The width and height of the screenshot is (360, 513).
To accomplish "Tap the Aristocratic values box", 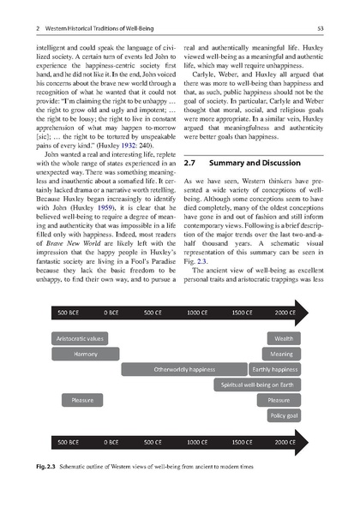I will (80, 339).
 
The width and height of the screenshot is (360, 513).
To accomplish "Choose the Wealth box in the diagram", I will (283, 339).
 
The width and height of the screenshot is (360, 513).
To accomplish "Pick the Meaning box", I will (281, 354).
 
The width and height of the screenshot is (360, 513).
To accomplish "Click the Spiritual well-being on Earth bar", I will (257, 385).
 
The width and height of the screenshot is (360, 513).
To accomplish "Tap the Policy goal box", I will (284, 415).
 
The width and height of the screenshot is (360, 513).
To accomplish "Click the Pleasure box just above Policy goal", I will (279, 400).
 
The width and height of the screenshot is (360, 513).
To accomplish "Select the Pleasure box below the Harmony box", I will (82, 400).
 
